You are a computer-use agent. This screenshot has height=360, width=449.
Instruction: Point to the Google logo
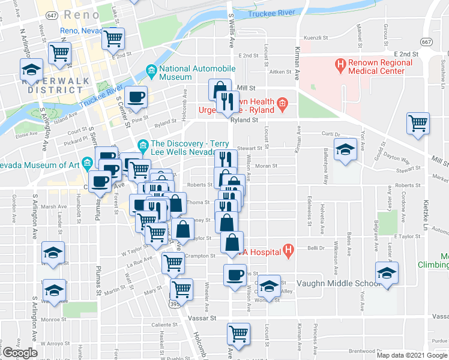tap(20, 353)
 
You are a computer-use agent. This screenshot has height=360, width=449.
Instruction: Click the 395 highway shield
tap(174, 306)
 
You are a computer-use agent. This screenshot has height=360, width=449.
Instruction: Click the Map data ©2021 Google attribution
tap(412, 355)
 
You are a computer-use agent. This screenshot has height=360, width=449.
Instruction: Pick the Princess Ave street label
tap(315, 335)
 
